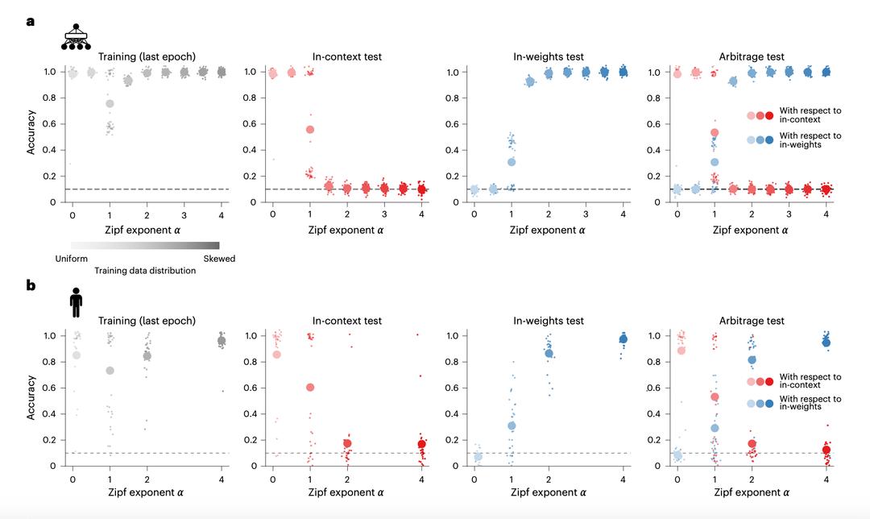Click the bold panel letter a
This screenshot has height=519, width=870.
click(x=31, y=22)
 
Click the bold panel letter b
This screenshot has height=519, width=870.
click(x=31, y=284)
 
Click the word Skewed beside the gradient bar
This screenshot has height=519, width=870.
click(x=219, y=259)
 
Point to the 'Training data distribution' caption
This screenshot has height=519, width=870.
click(x=145, y=271)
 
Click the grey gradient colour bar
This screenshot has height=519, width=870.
click(x=145, y=245)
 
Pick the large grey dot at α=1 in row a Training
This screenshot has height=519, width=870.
click(x=110, y=103)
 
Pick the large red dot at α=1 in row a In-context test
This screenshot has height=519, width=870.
click(x=309, y=129)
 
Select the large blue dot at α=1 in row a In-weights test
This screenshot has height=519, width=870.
click(x=510, y=162)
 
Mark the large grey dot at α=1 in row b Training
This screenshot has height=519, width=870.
click(x=110, y=370)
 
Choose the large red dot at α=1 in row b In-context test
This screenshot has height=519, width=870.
click(x=309, y=388)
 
